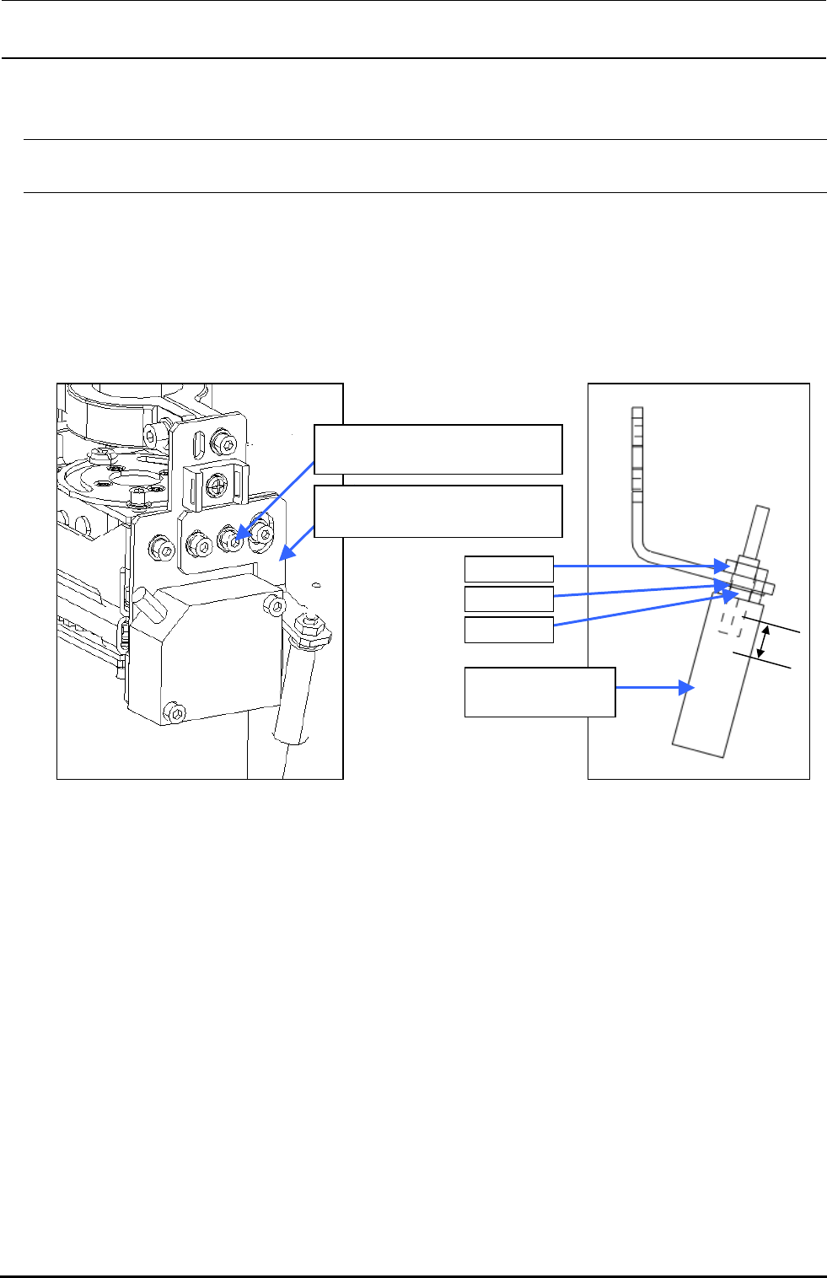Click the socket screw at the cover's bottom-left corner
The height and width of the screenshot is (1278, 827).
tap(175, 713)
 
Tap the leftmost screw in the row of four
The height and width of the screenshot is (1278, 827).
tap(159, 548)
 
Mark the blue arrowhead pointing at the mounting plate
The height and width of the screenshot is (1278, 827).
tap(284, 553)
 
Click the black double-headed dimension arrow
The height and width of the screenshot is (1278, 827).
tap(762, 642)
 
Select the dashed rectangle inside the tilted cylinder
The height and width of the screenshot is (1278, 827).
tap(731, 622)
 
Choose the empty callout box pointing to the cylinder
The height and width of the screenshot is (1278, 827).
tap(540, 692)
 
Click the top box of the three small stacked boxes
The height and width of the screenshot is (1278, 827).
tap(509, 568)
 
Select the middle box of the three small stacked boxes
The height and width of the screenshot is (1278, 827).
tap(509, 599)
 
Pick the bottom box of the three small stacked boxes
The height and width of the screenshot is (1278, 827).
tap(509, 630)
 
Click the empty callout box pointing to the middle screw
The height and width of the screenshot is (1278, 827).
tap(438, 449)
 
